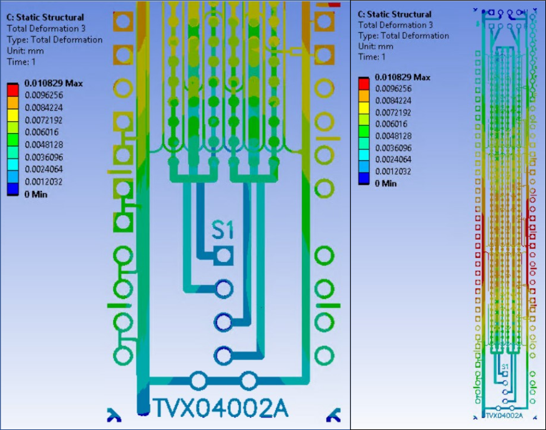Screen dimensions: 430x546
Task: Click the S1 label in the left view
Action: click(222, 230)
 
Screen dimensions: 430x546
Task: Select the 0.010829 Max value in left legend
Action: click(53, 83)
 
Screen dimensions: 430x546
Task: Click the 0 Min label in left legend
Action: click(36, 194)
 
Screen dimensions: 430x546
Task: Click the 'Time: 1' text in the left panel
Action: click(21, 62)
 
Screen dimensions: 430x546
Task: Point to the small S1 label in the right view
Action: click(505, 367)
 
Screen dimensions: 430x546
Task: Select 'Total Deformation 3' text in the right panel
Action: click(395, 25)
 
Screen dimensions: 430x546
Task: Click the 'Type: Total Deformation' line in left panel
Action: click(54, 40)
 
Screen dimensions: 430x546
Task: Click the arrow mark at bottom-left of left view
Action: click(114, 413)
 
